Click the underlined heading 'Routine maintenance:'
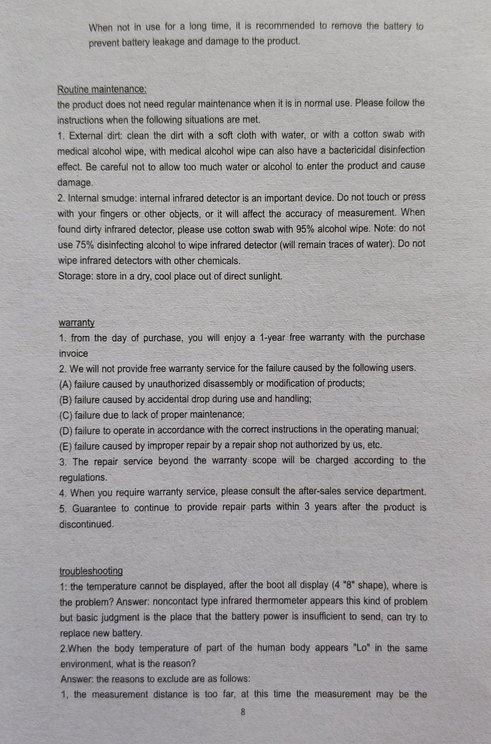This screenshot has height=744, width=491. pos(102,90)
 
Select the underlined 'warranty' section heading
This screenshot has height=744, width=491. pos(77,323)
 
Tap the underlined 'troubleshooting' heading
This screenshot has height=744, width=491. pos(91,571)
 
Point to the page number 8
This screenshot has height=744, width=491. pos(243,712)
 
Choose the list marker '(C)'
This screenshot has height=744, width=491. pos(66,416)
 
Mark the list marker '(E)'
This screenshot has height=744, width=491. pos(66,447)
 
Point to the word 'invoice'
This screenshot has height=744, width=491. pos(74,354)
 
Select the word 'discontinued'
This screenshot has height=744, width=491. pos(86,525)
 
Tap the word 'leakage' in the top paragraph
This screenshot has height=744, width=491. pos(169,42)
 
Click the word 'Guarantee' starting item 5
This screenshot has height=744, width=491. pos(94,508)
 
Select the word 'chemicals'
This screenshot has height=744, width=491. pos(219,261)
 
